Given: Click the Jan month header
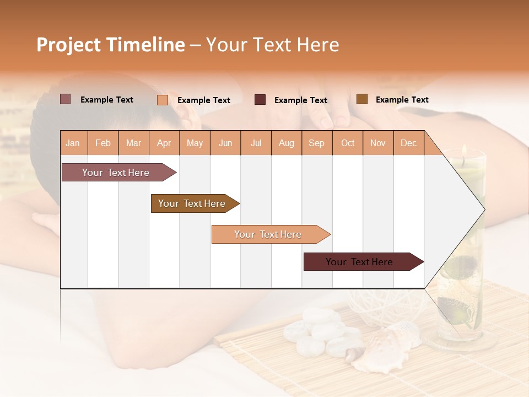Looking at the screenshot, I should pos(73,143).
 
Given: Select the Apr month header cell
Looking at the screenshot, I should pos(164,143).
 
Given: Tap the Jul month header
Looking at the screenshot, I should pos(256,143).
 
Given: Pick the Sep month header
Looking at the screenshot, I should pos(316,143).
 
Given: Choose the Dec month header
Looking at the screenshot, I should pos(408,143).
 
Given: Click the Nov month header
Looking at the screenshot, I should pos(377,143).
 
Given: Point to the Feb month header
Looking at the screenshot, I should pos(103,143).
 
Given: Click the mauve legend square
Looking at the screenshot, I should pos(65,99).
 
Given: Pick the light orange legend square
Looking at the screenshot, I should pos(163,100).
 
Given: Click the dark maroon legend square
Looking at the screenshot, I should pos(260,100).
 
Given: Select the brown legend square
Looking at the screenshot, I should pos(361,99).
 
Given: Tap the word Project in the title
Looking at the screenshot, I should pos(68,45).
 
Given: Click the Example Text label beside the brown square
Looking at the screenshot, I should pos(402,100).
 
